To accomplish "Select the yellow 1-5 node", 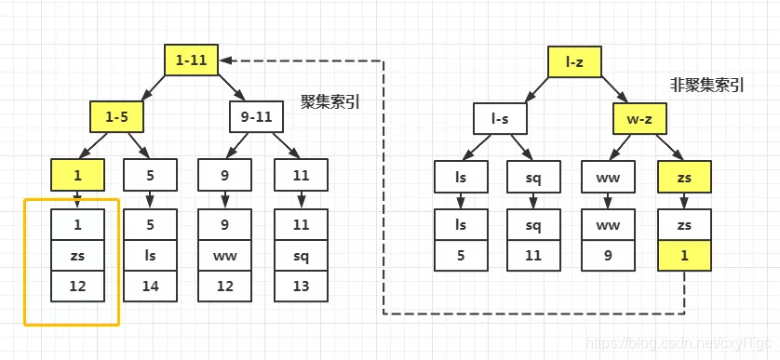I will pos(116,117).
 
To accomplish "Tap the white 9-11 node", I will pos(255,117).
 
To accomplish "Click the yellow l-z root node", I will pos(575,61).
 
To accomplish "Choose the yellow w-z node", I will pos(639,117).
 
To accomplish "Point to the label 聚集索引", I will pos(329,101).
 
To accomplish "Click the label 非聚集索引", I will pos(706,85).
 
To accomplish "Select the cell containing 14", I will pos(150,286).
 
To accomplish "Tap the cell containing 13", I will pos(301,286).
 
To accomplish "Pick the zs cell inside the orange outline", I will pos(78,254).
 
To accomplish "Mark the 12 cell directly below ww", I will pos(224,286).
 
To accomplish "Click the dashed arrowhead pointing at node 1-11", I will pos(227,61).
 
